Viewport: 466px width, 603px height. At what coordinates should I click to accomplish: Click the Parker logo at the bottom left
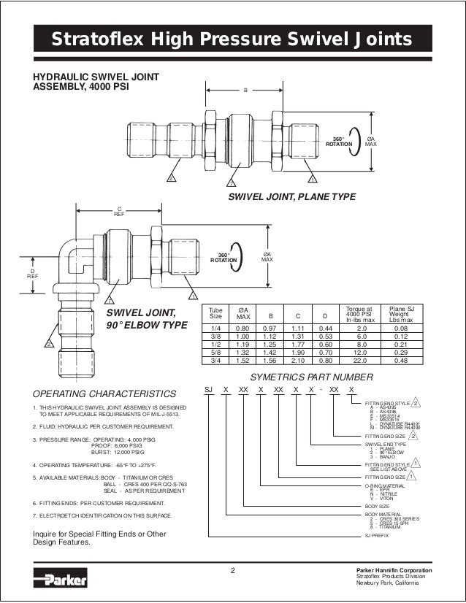(x=61, y=580)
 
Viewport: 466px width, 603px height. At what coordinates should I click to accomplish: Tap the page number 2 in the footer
(x=232, y=570)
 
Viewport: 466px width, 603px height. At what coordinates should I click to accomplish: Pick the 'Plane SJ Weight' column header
(x=401, y=315)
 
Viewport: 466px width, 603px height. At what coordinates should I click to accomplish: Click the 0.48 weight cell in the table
(x=401, y=360)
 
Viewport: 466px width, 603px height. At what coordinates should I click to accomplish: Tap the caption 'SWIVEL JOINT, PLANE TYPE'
(x=292, y=197)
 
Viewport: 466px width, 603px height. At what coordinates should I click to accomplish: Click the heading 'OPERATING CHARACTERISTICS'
(x=104, y=393)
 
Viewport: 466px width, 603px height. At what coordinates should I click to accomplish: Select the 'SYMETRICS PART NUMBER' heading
(x=312, y=377)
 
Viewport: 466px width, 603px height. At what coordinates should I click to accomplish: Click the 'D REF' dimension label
(x=32, y=274)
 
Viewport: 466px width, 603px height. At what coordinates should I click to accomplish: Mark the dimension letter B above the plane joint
(x=245, y=90)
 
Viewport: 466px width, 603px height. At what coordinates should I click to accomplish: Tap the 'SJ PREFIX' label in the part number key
(x=377, y=535)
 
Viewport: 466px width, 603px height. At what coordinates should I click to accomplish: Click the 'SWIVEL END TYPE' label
(x=384, y=444)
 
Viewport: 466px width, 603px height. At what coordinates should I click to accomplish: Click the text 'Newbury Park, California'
(x=393, y=583)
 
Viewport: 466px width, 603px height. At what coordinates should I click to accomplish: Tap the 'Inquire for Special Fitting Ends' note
(x=99, y=534)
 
